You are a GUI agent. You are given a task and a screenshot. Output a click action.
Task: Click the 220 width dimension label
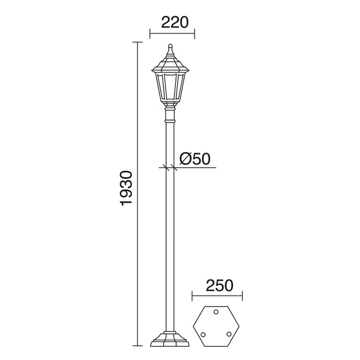[x=175, y=22]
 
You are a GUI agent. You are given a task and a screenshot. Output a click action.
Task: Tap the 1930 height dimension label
[x=126, y=188]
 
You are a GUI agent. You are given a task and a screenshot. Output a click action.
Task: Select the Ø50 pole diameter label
[x=195, y=159]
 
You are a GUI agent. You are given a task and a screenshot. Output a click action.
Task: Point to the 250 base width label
[x=219, y=285]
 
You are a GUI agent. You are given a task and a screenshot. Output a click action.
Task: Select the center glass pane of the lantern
[x=170, y=87]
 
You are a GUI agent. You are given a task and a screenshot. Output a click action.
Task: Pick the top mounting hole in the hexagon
[x=216, y=312]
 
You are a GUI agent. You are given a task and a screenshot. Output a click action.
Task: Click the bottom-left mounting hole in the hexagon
[x=203, y=334]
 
